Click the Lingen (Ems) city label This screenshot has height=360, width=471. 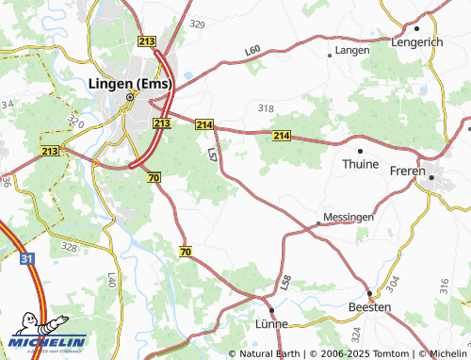(130, 84)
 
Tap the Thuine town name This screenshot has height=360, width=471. (360, 164)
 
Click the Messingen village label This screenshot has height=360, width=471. (349, 217)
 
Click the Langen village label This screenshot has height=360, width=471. (352, 49)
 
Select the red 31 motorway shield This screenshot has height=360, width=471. (26, 258)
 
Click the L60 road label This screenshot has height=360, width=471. (252, 50)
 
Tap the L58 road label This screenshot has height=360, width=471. (286, 281)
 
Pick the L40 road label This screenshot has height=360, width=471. (111, 279)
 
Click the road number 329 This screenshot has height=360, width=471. (197, 24)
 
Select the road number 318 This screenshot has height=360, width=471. (266, 108)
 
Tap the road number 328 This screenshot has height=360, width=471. (69, 247)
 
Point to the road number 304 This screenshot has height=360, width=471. (393, 282)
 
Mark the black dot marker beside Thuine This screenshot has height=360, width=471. (360, 150)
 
